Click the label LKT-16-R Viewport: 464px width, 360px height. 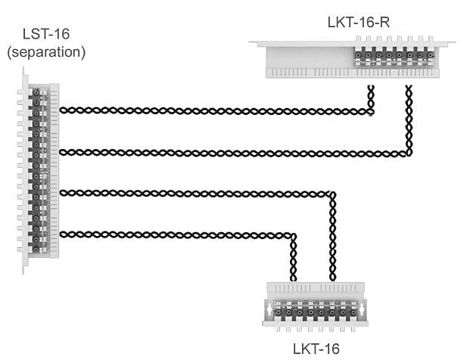click(x=358, y=21)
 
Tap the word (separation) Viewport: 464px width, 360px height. click(x=45, y=53)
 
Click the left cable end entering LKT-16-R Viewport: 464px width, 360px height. click(x=371, y=94)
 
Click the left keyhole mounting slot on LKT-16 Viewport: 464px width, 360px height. click(x=269, y=310)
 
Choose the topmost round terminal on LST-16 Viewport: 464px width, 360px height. click(x=36, y=92)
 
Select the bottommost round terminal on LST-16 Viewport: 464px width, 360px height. click(x=36, y=248)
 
